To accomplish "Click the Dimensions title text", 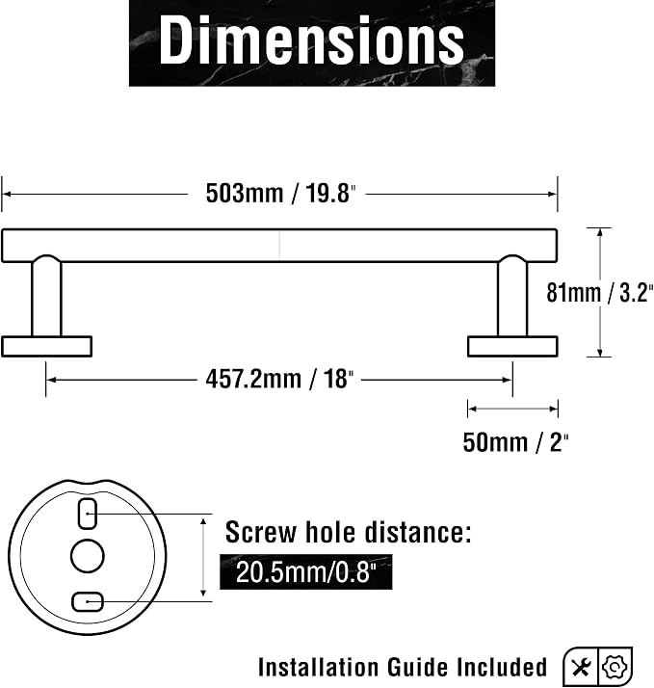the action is (311, 40).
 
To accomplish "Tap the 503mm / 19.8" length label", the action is (280, 193).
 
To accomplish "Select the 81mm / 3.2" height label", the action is (600, 292).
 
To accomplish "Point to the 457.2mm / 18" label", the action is (279, 379).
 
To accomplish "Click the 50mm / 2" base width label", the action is (515, 442).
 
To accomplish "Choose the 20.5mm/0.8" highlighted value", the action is (305, 572).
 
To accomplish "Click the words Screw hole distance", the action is (349, 532).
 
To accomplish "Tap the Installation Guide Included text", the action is (403, 667).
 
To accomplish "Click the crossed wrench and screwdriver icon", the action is (581, 668).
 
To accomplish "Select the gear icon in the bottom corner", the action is (615, 667).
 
